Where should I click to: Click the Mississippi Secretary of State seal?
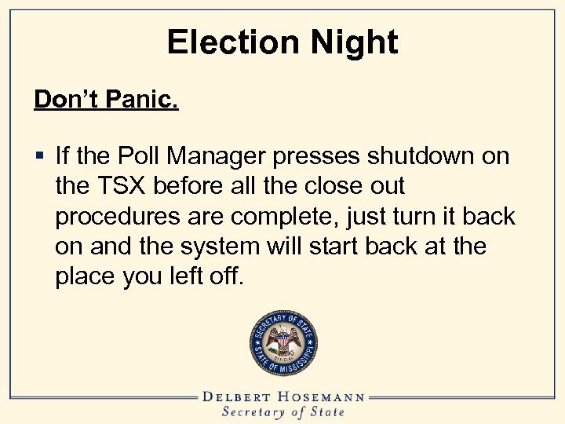(x=283, y=344)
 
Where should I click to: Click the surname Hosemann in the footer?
(x=327, y=397)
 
